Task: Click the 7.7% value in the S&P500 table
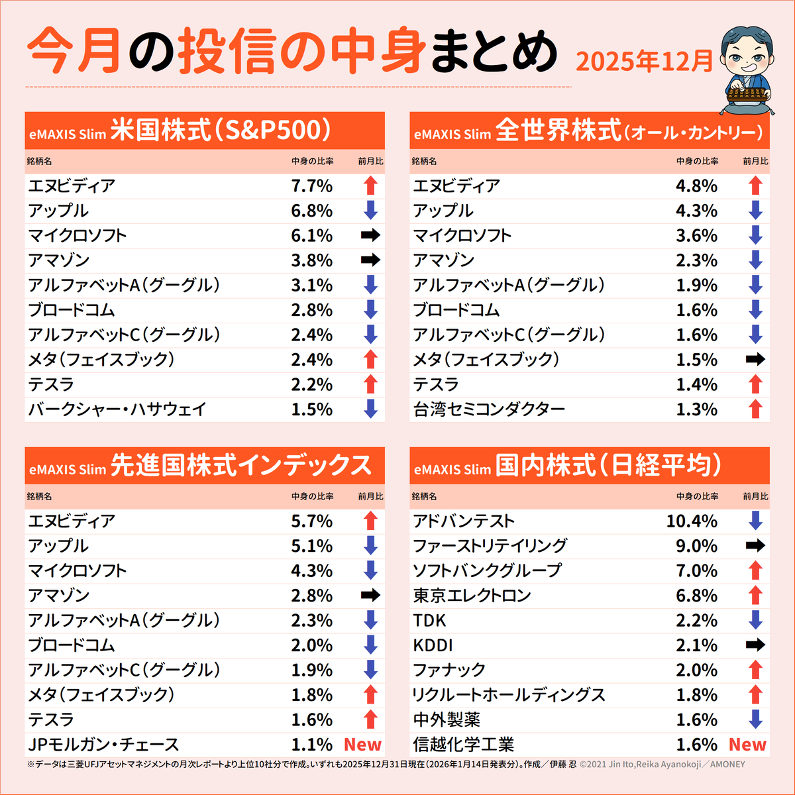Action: (x=311, y=186)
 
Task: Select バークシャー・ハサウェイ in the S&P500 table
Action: (x=117, y=409)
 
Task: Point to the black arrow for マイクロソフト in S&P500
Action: (x=370, y=235)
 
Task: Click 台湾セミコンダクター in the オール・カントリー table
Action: (x=489, y=409)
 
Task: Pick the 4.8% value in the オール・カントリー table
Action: (x=696, y=186)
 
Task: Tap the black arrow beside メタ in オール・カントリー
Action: (x=755, y=360)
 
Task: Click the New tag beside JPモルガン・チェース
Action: (x=362, y=745)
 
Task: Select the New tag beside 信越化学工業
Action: (x=747, y=745)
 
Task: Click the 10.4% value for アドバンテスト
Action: (x=692, y=521)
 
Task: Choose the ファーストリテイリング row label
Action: (x=490, y=546)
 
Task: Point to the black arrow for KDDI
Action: (x=755, y=645)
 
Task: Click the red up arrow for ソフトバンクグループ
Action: (x=755, y=570)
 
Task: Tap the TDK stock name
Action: (x=429, y=621)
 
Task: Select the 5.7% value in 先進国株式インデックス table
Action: (x=311, y=521)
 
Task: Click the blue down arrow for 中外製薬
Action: (x=755, y=719)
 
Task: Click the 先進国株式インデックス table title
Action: (x=240, y=466)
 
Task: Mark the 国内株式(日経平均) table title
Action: (x=608, y=466)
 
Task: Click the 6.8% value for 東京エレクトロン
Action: (x=696, y=596)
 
